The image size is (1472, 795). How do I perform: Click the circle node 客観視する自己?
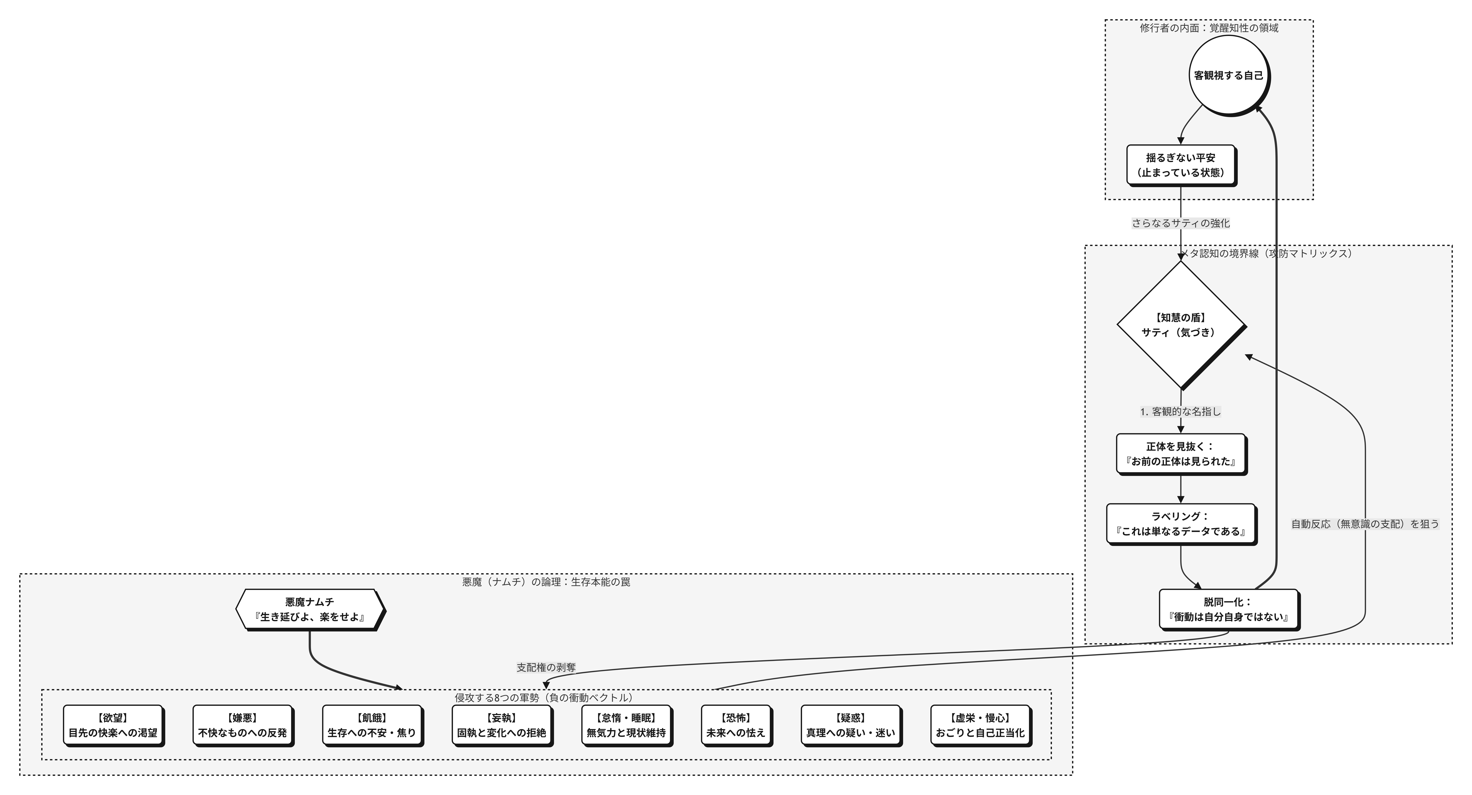pos(1229,75)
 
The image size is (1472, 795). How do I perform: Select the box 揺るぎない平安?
pos(1181,165)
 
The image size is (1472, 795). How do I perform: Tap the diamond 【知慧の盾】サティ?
pos(1181,325)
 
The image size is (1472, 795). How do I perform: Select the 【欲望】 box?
pos(113,725)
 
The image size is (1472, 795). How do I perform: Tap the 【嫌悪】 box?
pos(242,725)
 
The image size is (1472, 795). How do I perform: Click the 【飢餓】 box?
pos(371,725)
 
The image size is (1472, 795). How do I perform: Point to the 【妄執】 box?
pos(501,725)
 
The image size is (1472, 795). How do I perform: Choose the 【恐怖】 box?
pos(735,725)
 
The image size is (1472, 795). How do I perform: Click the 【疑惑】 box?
pos(850,725)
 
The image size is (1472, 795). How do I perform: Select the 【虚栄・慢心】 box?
pos(980,725)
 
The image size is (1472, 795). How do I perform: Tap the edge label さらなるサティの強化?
pos(1181,223)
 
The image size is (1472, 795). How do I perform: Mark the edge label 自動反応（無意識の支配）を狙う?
pos(1365,524)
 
